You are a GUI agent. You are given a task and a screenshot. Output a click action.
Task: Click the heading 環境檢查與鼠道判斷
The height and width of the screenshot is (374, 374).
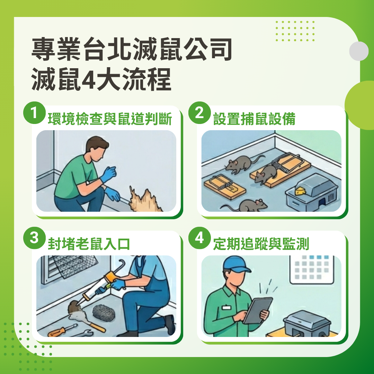[x=110, y=119]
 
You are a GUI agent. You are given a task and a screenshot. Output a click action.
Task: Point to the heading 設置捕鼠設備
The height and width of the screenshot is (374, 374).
[x=254, y=119]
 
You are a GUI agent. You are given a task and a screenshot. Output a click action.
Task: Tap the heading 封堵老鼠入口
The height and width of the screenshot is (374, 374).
[x=89, y=244]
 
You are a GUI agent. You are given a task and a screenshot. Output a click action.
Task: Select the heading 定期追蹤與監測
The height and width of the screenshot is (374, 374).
[x=261, y=244]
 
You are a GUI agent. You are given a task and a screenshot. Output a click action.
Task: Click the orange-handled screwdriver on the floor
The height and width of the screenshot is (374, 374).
[x=62, y=331]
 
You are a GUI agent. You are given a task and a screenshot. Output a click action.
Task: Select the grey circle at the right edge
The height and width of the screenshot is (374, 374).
[x=359, y=51]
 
